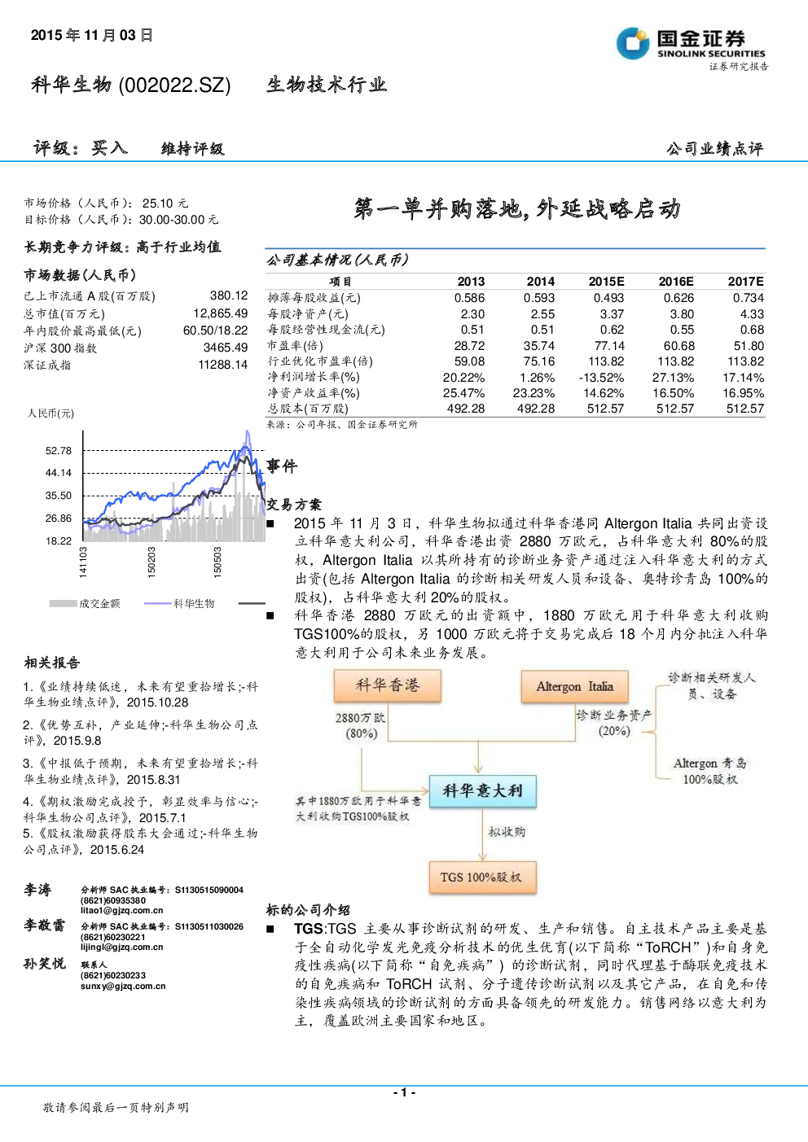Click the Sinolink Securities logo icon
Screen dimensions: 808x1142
pos(633,43)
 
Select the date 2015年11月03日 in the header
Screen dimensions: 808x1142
pos(92,35)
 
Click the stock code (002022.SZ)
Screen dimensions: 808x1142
pos(174,85)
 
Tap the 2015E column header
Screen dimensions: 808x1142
pos(606,282)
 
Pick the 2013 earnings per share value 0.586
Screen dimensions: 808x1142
pos(469,298)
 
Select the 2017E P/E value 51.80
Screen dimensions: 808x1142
pos(749,346)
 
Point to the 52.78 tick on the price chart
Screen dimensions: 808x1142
pos(59,451)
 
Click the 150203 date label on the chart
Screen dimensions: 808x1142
pos(151,562)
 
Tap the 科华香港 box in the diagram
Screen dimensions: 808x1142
pos(388,685)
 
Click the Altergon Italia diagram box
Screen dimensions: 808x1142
pos(574,686)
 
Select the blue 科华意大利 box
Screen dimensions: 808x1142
pos(482,790)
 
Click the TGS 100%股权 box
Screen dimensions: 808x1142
pos(482,877)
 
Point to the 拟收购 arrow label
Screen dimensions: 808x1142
pos(507,833)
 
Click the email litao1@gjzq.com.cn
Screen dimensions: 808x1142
pos(122,911)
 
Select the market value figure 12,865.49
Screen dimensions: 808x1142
pos(221,313)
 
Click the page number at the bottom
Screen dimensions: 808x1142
pos(404,1092)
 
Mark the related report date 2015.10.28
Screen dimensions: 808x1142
pos(158,702)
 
